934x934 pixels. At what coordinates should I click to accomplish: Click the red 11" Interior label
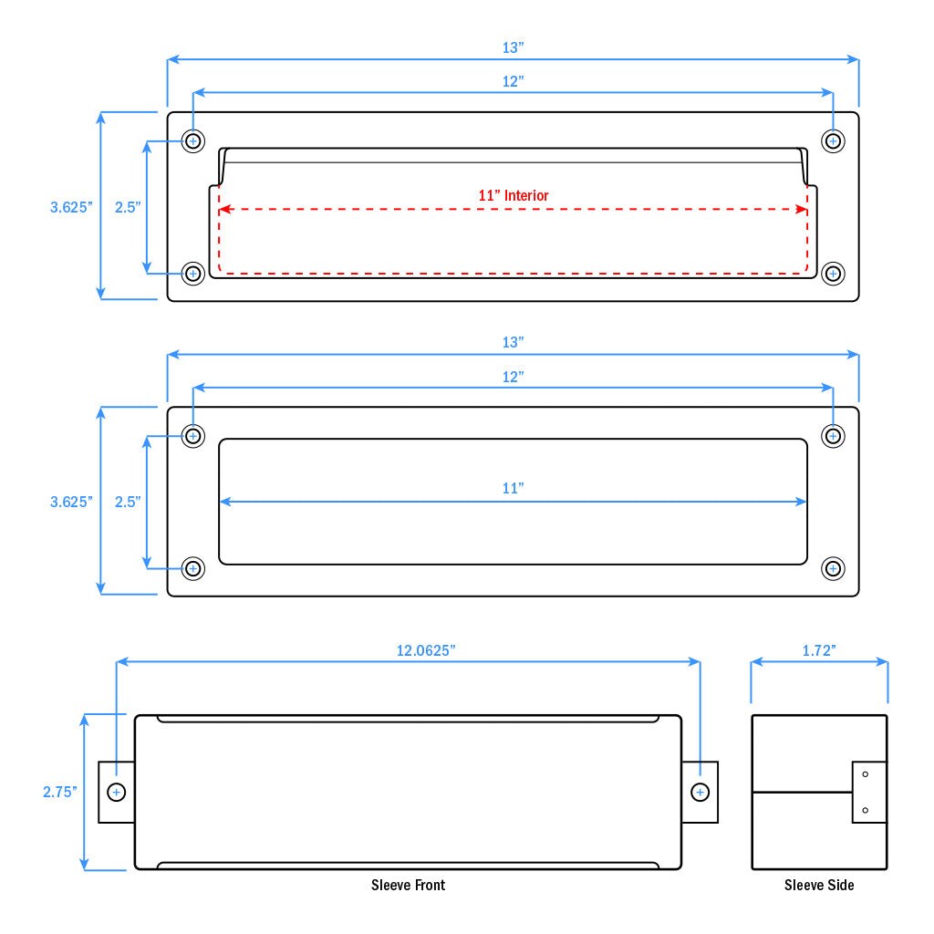(514, 195)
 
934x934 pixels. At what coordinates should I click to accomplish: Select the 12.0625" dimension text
(426, 650)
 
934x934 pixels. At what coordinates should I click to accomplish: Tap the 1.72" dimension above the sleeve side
(819, 650)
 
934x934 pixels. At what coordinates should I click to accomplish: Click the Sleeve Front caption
(408, 885)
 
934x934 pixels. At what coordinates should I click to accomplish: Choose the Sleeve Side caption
(819, 885)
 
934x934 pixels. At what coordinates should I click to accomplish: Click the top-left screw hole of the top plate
(193, 140)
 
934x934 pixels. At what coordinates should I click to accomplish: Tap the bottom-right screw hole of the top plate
(833, 273)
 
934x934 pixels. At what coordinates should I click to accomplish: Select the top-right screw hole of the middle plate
(833, 435)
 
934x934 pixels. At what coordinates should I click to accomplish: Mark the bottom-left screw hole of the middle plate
(193, 568)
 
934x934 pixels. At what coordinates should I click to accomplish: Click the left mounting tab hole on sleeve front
(117, 792)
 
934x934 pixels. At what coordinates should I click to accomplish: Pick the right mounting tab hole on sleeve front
(700, 792)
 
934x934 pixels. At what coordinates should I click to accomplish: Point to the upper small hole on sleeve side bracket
(865, 774)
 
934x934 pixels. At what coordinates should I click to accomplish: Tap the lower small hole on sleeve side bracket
(865, 810)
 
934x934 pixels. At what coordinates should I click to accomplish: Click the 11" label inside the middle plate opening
(514, 489)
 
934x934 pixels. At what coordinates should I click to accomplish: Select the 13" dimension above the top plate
(514, 47)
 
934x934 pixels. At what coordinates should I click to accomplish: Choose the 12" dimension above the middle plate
(514, 376)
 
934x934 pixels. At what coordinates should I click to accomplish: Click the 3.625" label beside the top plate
(72, 207)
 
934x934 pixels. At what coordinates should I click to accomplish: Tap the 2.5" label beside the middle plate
(128, 502)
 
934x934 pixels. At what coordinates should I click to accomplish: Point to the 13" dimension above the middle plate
(514, 342)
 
